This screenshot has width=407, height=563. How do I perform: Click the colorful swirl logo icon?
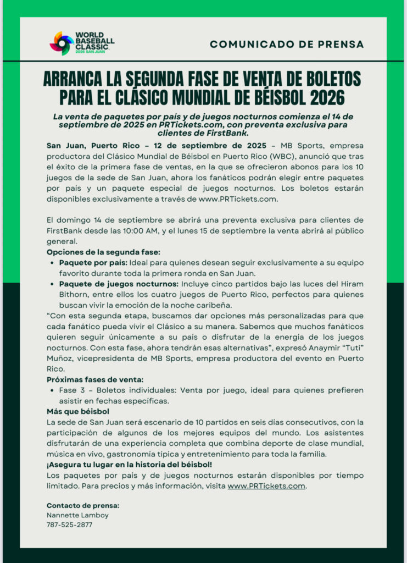pyautogui.click(x=62, y=43)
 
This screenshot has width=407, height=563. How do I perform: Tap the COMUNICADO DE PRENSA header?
pyautogui.click(x=287, y=44)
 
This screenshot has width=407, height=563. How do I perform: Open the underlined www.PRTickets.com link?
pyautogui.click(x=266, y=486)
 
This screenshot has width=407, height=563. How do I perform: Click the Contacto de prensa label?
pyautogui.click(x=83, y=505)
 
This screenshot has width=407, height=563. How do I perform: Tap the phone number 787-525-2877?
pyautogui.click(x=70, y=525)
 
